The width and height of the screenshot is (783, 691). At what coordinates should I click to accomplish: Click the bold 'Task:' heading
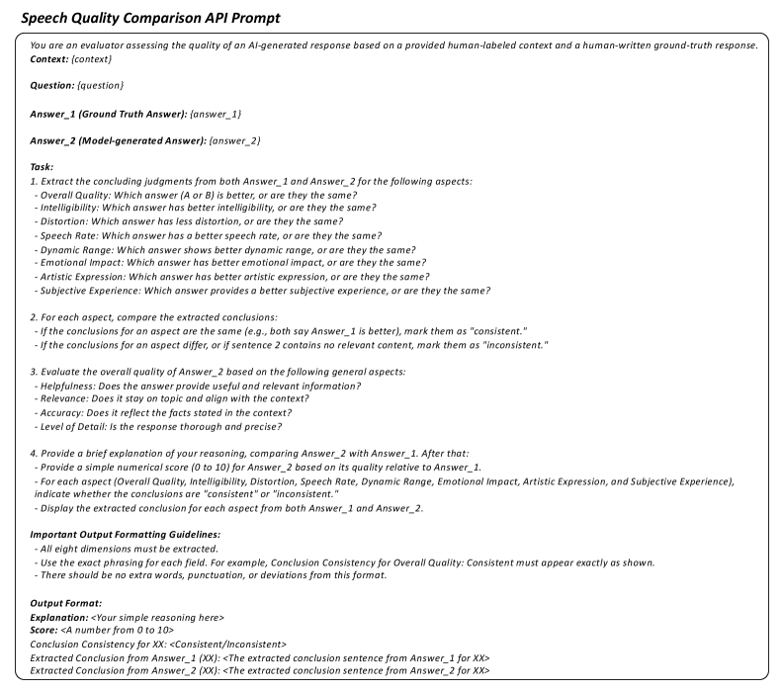pos(43,168)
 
